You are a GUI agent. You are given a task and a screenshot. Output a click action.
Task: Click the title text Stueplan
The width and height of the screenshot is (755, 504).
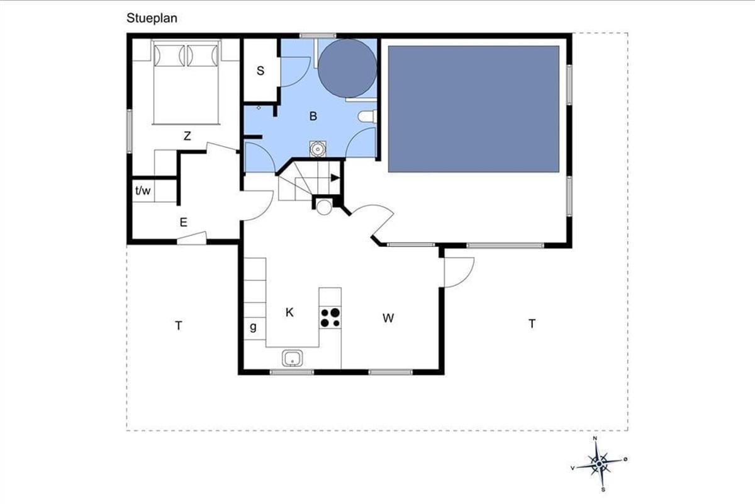point(152,18)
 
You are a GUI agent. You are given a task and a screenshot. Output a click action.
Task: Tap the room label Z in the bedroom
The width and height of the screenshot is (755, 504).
point(187,136)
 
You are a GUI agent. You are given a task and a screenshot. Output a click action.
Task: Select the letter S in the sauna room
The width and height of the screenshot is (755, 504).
point(260,71)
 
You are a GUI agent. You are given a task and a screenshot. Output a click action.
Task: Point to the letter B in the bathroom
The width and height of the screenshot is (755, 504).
point(313,116)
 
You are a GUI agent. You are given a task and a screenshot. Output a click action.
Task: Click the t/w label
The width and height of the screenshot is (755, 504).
point(143,191)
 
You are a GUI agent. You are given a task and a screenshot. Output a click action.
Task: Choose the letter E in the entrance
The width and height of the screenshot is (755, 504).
point(183,222)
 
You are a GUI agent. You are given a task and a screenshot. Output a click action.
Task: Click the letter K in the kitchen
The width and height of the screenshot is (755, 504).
point(289,312)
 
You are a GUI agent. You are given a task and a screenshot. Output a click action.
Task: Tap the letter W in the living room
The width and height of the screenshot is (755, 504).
point(388,318)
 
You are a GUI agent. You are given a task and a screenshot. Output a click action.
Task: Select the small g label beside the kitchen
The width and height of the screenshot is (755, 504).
point(253,327)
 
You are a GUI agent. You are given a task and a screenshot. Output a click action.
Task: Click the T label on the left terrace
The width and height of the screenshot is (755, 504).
point(179,326)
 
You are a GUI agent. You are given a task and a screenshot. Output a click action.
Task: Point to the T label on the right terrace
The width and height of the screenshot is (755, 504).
point(532,324)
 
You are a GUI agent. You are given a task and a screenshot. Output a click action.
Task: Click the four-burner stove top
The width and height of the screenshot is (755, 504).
point(330,318)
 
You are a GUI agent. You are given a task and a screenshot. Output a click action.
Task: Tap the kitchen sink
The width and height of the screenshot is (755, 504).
point(292,358)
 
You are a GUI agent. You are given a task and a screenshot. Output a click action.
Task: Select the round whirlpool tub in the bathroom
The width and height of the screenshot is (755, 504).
point(347,69)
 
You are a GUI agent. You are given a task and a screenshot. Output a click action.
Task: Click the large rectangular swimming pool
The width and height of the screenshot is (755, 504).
point(474,109)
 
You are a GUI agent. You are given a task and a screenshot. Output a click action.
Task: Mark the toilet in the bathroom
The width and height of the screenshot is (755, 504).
point(367,117)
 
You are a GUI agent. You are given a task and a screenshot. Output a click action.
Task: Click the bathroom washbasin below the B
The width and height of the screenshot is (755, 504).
point(317,149)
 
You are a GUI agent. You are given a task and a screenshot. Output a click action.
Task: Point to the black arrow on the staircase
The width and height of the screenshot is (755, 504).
point(335,178)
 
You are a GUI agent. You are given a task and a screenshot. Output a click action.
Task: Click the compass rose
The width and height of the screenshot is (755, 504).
point(599,464)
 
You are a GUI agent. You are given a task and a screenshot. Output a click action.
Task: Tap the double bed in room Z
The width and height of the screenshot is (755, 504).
point(186,83)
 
